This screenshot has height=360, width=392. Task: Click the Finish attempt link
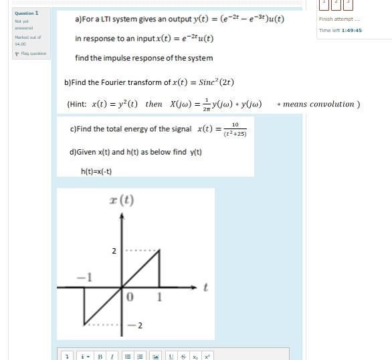pyautogui.click(x=339, y=19)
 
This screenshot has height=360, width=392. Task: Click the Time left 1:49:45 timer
pyautogui.click(x=340, y=30)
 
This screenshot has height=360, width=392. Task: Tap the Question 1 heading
pyautogui.click(x=27, y=13)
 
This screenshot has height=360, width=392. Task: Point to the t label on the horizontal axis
pyautogui.click(x=205, y=287)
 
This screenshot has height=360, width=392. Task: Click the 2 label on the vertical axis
pyautogui.click(x=114, y=251)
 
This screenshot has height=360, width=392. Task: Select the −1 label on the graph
pyautogui.click(x=85, y=276)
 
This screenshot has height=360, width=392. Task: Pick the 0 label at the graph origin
pyautogui.click(x=130, y=296)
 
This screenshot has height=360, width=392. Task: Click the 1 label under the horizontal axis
pyautogui.click(x=159, y=296)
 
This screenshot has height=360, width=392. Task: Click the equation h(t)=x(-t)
pyautogui.click(x=96, y=171)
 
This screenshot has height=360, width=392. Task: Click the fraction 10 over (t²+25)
pyautogui.click(x=235, y=129)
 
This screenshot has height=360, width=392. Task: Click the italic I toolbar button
pyautogui.click(x=111, y=357)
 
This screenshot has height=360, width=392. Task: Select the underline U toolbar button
pyautogui.click(x=172, y=357)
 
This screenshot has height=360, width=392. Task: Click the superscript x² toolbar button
pyautogui.click(x=207, y=357)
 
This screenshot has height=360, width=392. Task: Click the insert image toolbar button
pyautogui.click(x=155, y=357)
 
